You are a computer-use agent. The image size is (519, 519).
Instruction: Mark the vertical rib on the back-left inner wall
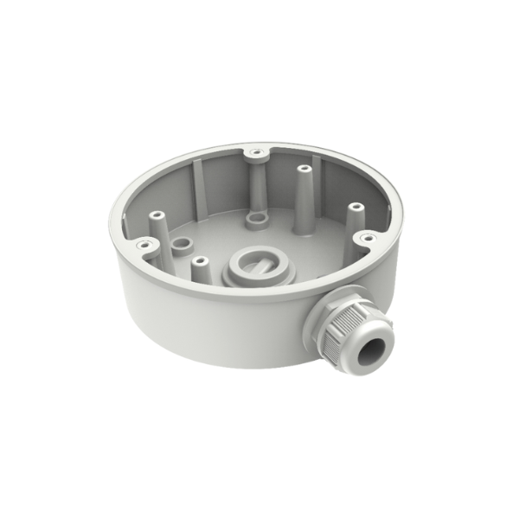[x=197, y=186]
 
